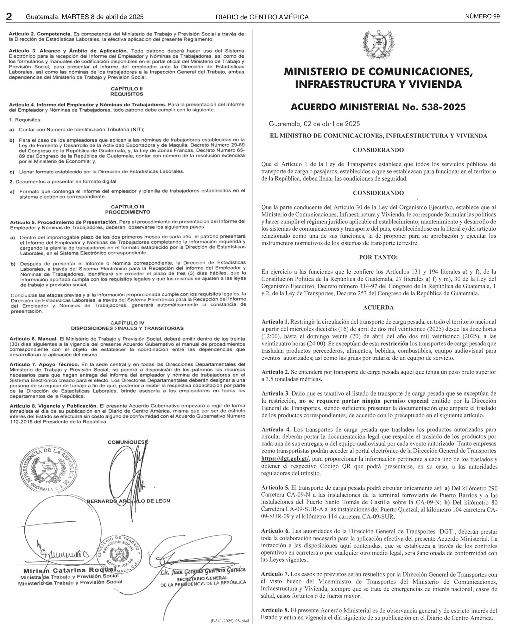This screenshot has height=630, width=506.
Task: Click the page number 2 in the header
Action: point(9,16)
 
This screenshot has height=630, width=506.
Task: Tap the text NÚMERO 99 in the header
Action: point(482,16)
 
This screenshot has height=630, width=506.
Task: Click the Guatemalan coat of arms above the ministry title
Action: point(378,45)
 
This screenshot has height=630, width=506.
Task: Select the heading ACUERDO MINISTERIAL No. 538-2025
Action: point(378,107)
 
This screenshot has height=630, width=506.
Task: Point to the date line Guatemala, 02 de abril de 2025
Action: point(314,124)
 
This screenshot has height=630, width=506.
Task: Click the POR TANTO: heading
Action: point(378,257)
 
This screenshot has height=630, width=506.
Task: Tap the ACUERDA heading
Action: point(378,307)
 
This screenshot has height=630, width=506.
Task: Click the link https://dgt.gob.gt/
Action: point(285,459)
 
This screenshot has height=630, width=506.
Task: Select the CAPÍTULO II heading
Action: point(127,89)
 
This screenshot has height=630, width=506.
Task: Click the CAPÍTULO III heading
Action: point(128,207)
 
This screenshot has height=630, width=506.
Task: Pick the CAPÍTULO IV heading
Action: point(127,323)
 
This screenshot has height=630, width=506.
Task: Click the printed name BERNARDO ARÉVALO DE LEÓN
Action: point(128,501)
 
